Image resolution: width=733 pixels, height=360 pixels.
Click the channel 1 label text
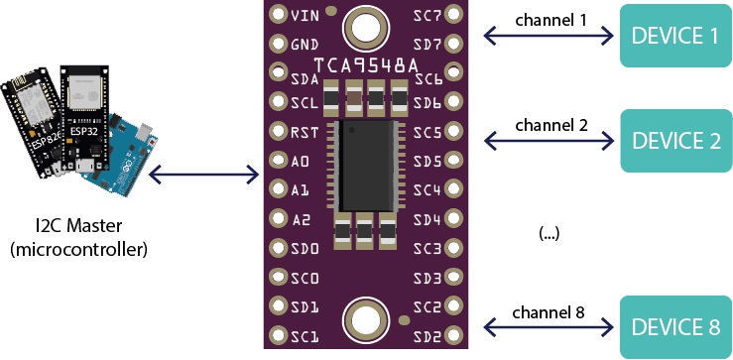[x=550, y=20]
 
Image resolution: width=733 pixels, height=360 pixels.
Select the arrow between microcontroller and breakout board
[x=207, y=178]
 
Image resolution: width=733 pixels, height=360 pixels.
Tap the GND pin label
[x=305, y=45]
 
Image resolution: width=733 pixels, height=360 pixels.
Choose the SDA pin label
[x=305, y=78]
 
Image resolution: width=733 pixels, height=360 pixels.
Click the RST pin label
[x=305, y=131]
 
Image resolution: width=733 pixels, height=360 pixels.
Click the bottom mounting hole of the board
[x=363, y=319]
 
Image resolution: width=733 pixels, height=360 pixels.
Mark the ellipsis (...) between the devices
[x=549, y=234]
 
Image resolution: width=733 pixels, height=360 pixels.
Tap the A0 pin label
[x=302, y=160]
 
